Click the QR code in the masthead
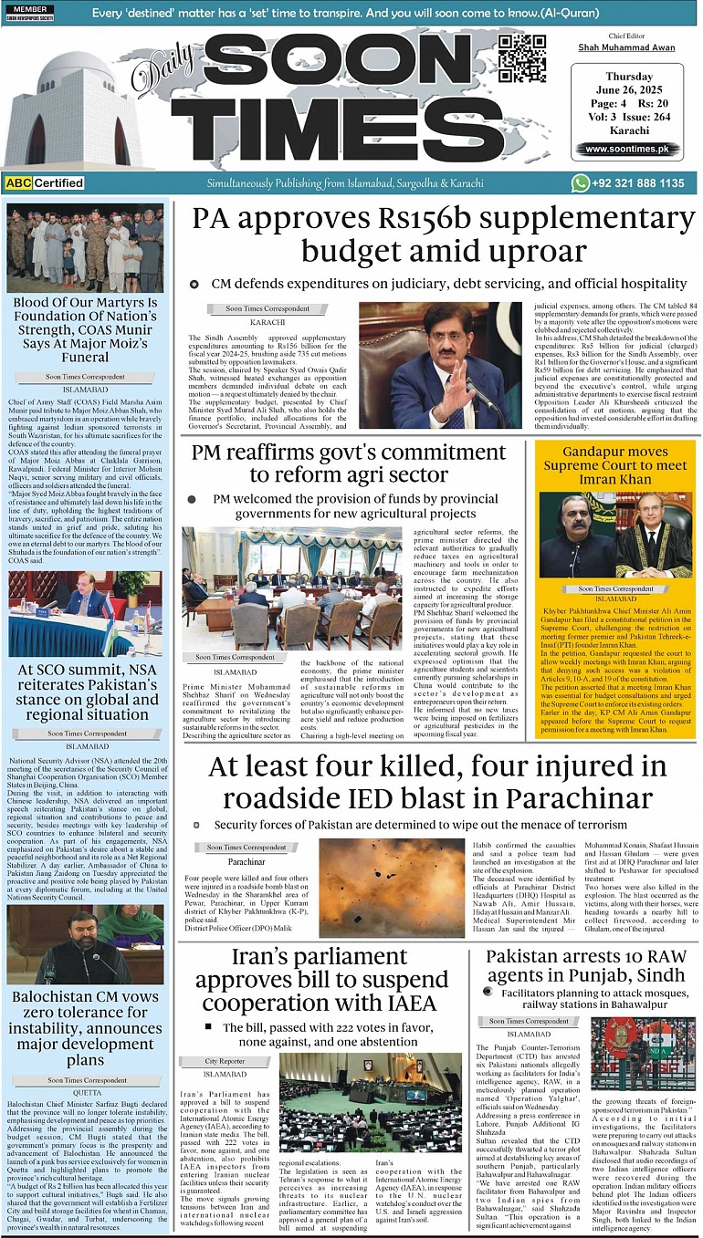(522, 57)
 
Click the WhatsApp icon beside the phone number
(581, 183)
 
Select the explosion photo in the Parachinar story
(379, 889)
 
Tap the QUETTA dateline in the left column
(87, 1092)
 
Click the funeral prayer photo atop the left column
(87, 248)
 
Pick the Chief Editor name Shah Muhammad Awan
(627, 47)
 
